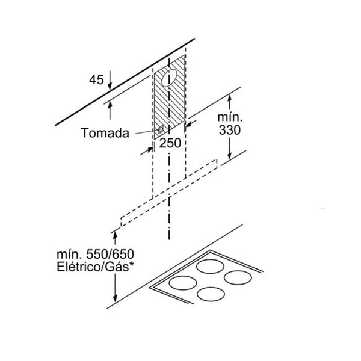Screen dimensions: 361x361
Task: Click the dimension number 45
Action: point(96,80)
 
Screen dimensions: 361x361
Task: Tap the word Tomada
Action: point(105,133)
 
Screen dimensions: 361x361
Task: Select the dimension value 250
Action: point(170,143)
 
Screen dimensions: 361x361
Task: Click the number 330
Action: point(230,130)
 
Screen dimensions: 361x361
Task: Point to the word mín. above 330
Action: point(230,117)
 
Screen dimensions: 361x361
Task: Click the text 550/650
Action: point(110,255)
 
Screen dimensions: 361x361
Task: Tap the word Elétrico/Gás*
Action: point(96,267)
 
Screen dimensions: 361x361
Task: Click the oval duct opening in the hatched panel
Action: point(170,78)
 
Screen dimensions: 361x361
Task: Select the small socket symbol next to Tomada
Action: point(161,130)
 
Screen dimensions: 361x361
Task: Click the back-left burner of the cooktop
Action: point(210,267)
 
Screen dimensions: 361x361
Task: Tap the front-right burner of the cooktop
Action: point(211,294)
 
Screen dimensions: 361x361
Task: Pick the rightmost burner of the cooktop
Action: point(238,277)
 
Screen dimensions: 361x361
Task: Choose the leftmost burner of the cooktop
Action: point(182,283)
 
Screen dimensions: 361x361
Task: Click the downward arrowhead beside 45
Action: point(110,86)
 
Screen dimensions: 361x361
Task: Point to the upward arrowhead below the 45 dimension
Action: point(110,105)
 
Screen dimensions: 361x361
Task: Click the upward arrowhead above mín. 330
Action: point(229,99)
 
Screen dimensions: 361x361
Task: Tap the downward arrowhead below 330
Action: point(229,155)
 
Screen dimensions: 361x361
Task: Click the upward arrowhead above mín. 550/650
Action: point(115,236)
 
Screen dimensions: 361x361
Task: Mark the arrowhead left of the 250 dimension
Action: point(149,149)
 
